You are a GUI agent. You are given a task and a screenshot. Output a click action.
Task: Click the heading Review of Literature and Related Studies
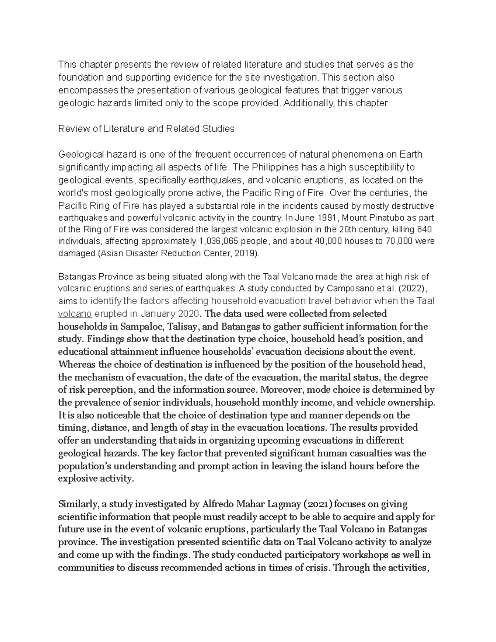[x=146, y=129]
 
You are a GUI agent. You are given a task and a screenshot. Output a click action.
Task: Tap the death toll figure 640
[x=426, y=229]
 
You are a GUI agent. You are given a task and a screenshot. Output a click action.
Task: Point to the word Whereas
[x=76, y=365]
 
